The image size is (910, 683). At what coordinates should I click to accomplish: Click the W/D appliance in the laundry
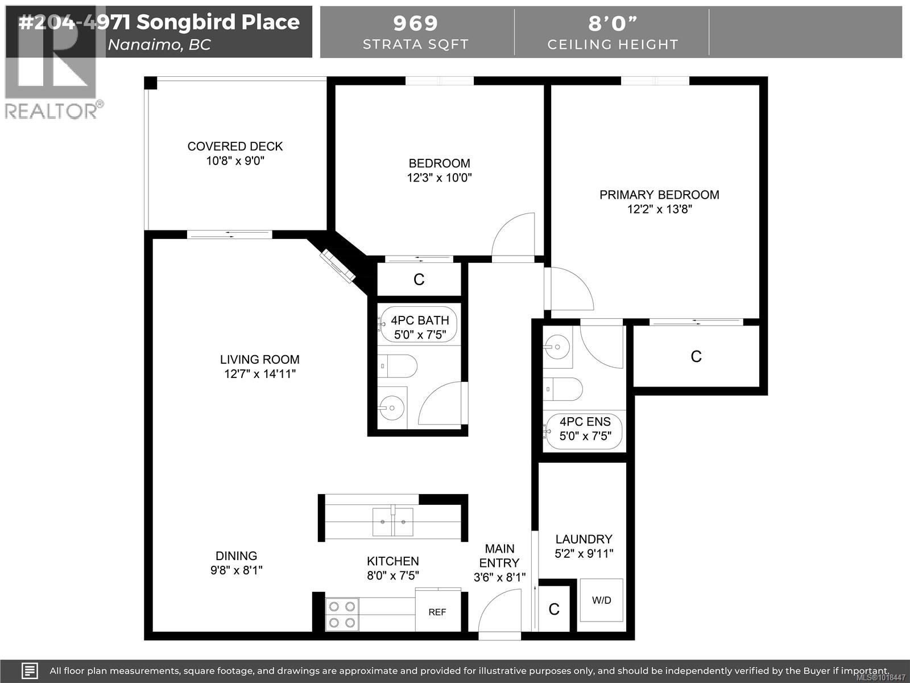click(601, 601)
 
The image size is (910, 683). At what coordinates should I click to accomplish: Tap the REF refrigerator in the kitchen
click(437, 612)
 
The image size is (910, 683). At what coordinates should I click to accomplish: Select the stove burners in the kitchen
click(342, 614)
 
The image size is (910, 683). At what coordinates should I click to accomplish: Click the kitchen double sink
click(392, 521)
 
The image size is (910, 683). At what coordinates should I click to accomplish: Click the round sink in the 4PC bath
click(392, 407)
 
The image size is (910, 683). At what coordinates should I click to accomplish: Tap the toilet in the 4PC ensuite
click(563, 390)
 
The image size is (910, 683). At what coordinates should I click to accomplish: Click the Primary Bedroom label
click(659, 195)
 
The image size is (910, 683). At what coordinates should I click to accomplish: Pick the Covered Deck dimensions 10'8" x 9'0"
click(235, 161)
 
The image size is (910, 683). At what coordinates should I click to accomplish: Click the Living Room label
click(260, 360)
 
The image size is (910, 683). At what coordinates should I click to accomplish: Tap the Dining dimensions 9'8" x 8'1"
click(237, 570)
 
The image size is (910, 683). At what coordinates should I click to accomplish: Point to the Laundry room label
click(584, 539)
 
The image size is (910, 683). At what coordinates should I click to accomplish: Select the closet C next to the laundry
click(554, 610)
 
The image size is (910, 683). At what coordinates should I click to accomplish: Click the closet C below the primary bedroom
click(696, 356)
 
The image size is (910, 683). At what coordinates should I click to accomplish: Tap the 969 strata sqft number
click(416, 23)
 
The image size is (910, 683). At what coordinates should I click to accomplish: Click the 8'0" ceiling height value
click(613, 23)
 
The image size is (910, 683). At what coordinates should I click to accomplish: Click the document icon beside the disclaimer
click(30, 670)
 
